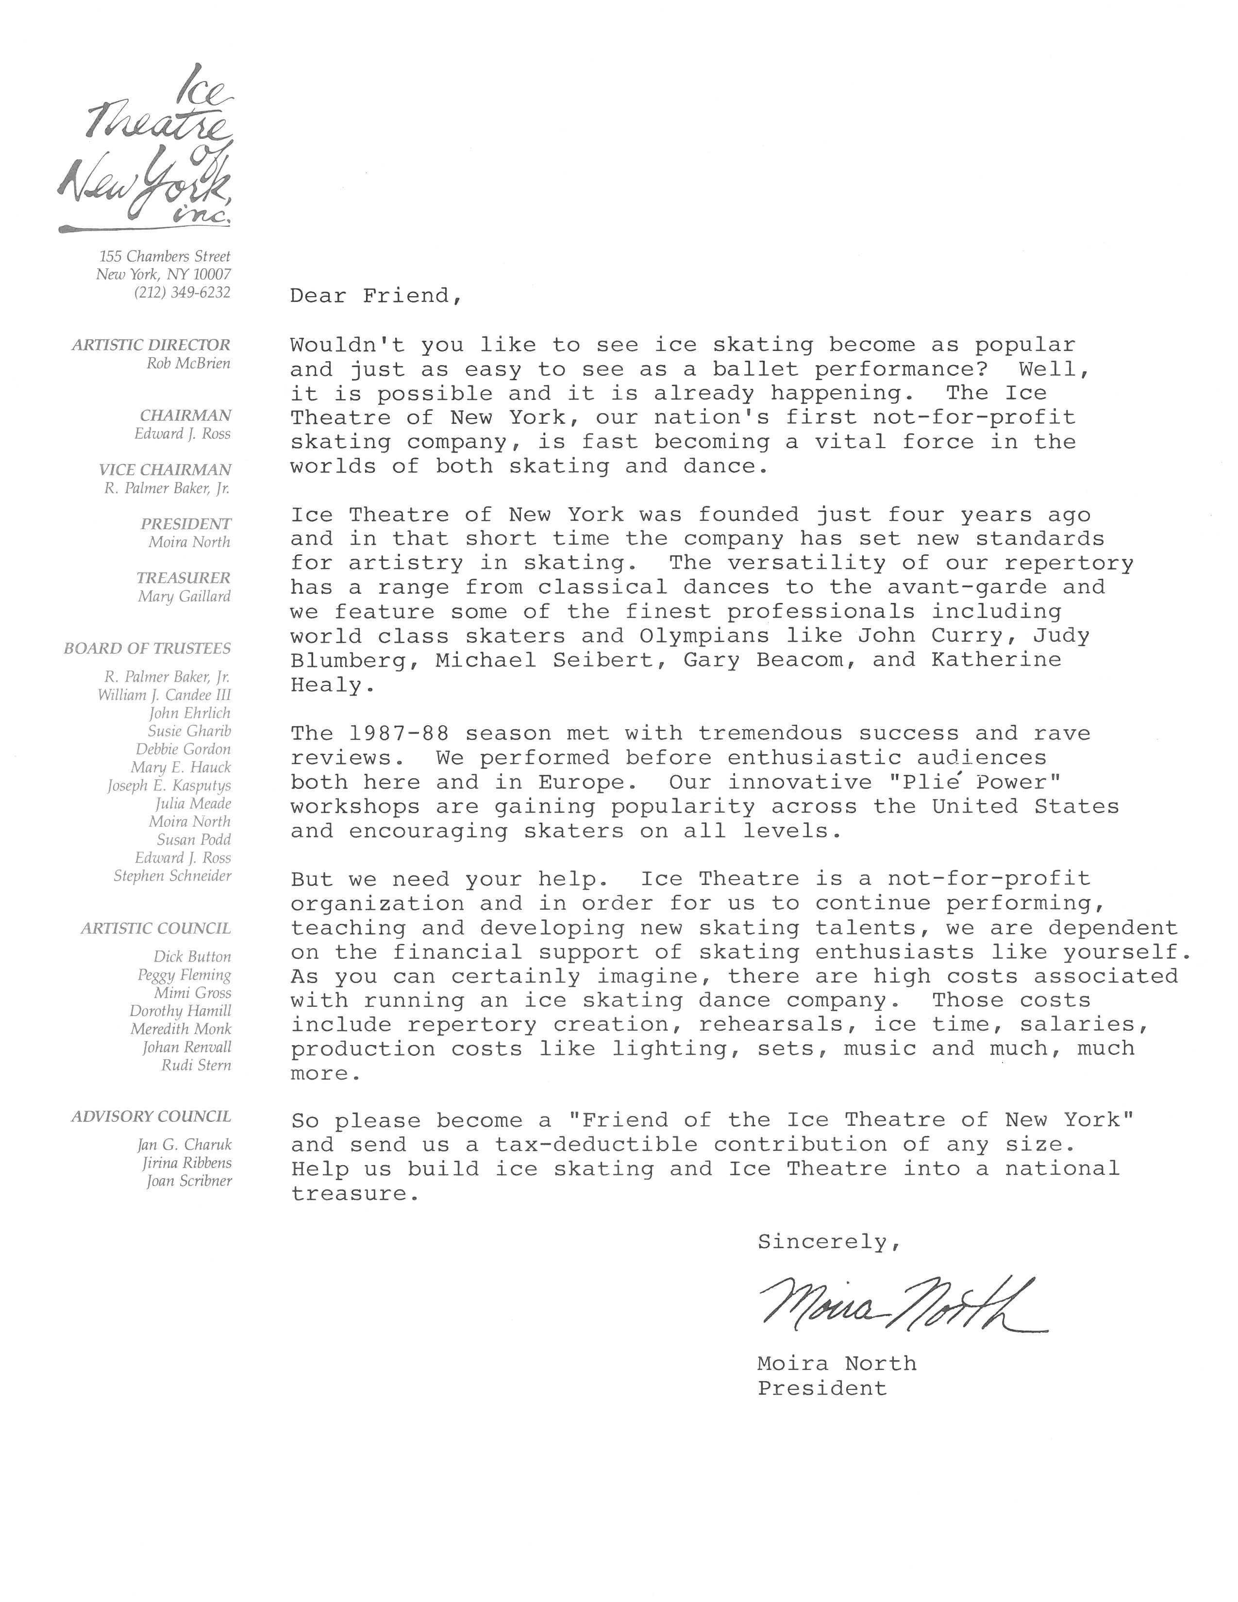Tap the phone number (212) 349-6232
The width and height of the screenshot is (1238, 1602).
[x=183, y=292]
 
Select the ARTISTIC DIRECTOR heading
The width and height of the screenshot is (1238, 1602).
[x=151, y=345]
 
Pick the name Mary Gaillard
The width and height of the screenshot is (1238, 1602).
[x=184, y=596]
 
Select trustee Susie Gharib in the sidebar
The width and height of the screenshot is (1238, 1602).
[x=189, y=731]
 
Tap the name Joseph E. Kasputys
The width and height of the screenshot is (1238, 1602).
[x=169, y=785]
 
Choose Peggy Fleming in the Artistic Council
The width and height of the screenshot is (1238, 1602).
[x=184, y=975]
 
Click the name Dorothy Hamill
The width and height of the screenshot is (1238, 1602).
[x=181, y=1011]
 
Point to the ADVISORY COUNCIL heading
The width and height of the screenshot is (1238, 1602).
[x=151, y=1117]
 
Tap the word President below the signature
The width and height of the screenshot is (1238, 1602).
[x=822, y=1388]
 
